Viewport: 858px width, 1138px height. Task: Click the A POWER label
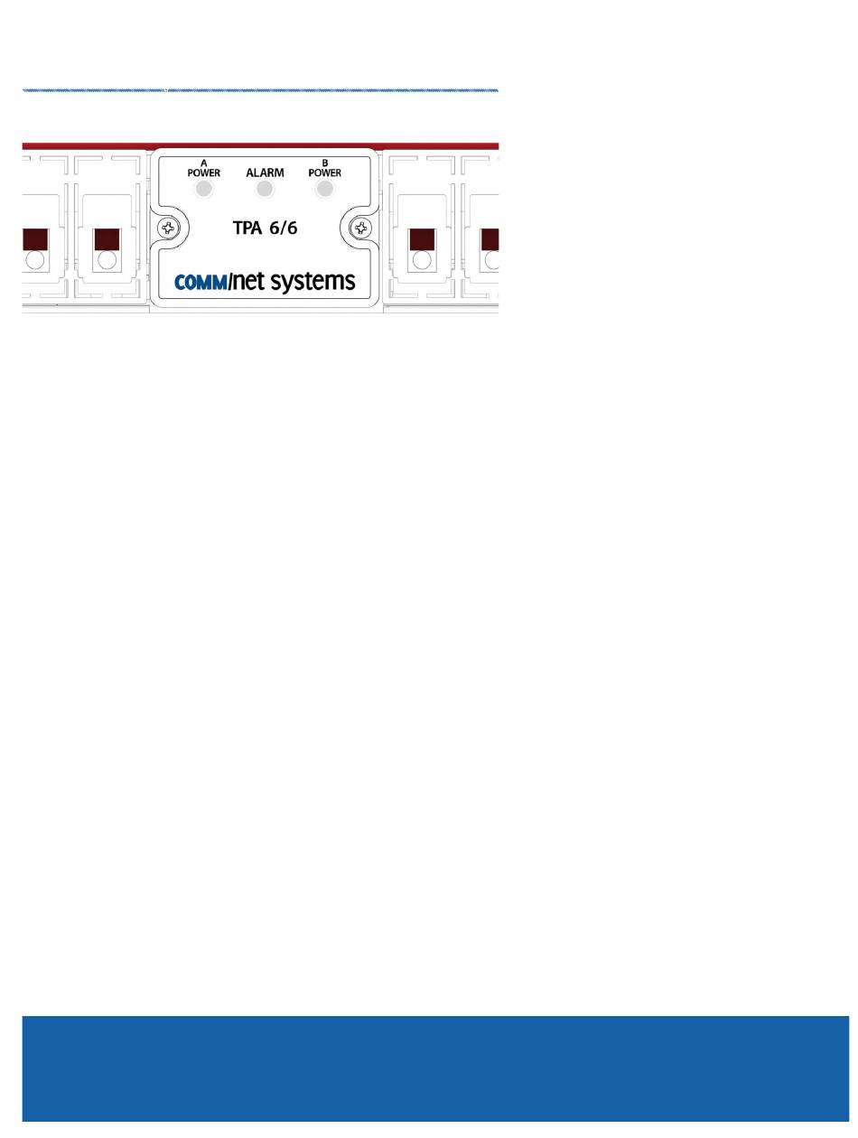203,168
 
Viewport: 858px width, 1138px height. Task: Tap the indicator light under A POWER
204,189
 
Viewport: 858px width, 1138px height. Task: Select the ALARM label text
265,170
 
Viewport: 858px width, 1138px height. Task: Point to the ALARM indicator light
265,189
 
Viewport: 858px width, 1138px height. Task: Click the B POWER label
325,168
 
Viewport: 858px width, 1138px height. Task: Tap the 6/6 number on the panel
282,229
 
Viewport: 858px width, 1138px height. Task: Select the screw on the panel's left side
166,229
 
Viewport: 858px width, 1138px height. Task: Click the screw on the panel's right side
361,229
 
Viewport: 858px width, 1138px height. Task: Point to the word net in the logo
248,282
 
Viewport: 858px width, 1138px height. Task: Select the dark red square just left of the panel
107,239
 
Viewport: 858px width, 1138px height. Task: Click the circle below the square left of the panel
107,261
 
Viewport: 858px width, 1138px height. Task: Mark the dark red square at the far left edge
34,239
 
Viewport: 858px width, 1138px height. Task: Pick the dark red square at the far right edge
490,239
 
